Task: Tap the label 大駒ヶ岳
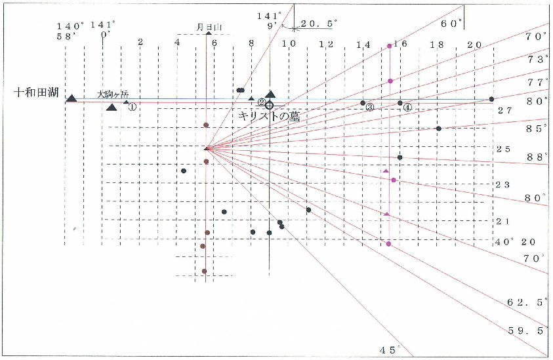[x=113, y=94]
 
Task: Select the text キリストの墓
[x=269, y=115]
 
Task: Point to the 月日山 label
[x=211, y=27]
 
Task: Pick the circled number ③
[x=370, y=108]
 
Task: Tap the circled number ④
[x=407, y=107]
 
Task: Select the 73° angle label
[x=536, y=60]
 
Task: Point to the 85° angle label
[x=536, y=129]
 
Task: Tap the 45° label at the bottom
[x=389, y=350]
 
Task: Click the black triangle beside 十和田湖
[x=72, y=98]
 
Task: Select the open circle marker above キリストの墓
[x=269, y=105]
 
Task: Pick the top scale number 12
[x=326, y=44]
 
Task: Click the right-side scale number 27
[x=504, y=111]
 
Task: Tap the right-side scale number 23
[x=502, y=185]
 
